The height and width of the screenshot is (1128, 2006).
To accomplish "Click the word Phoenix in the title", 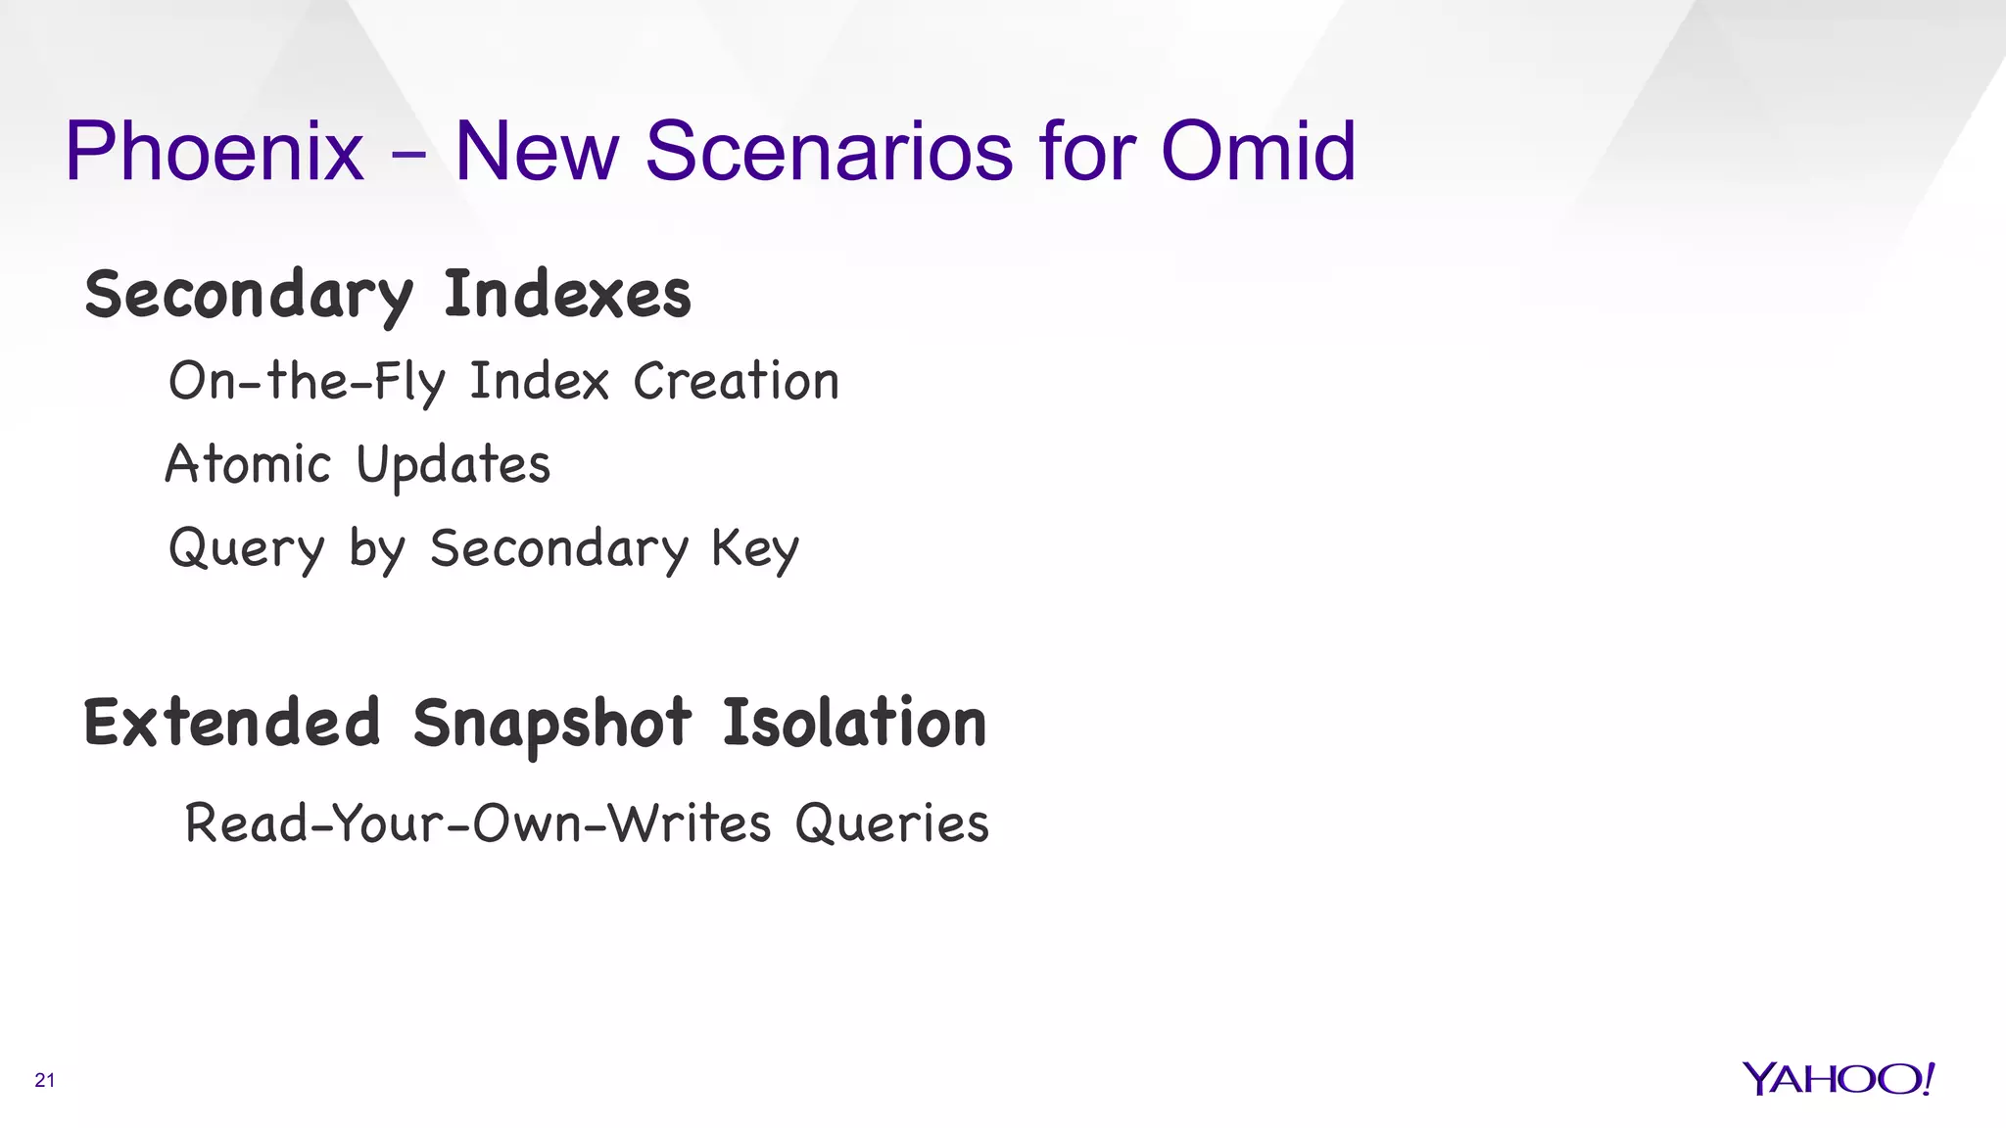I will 215,152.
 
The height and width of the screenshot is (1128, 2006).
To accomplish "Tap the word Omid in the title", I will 1259,152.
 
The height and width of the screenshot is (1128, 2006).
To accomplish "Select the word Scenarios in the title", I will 829,152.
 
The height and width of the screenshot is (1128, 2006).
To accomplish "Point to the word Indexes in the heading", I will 567,294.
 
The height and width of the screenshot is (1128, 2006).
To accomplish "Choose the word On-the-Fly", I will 307,382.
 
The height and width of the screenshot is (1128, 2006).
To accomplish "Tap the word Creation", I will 736,381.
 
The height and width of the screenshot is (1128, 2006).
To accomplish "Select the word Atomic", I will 248,464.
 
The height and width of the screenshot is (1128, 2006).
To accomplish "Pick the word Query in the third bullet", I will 246,549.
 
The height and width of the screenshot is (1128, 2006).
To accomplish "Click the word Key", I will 755,549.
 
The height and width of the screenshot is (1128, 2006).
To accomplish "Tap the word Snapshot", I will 551,725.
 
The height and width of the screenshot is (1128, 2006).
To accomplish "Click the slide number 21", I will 45,1081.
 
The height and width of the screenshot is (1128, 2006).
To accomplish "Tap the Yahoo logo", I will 1838,1079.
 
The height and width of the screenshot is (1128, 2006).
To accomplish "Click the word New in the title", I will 537,152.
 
